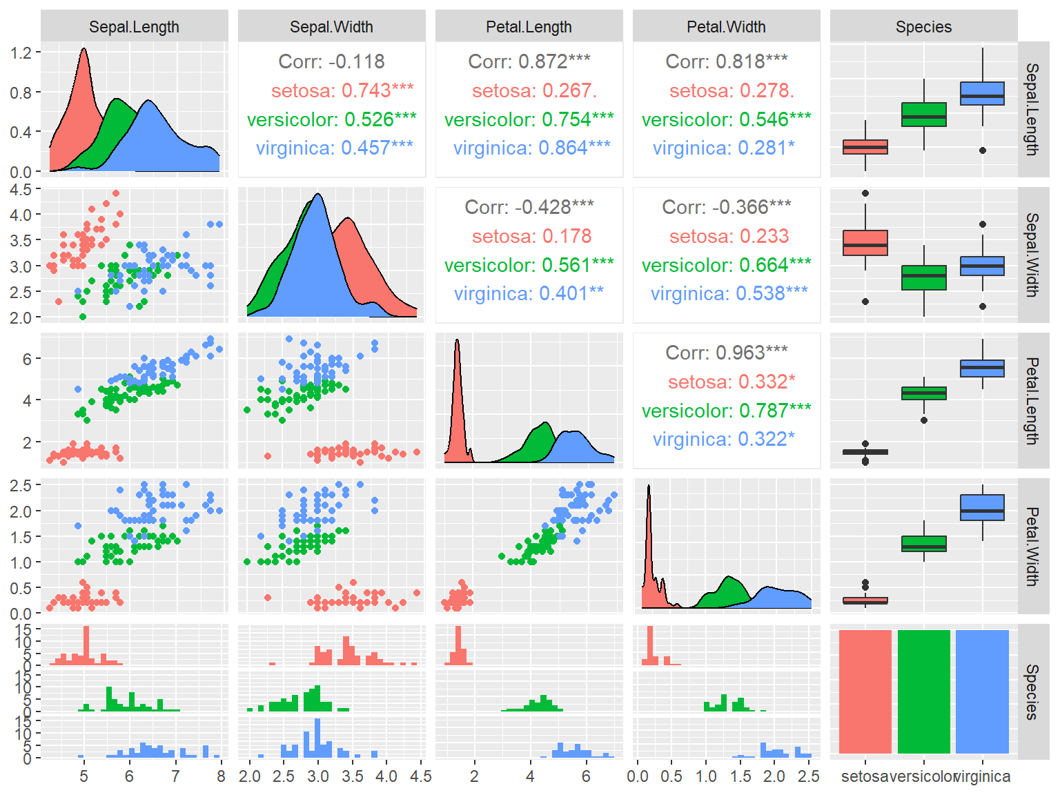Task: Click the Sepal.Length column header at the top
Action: tap(134, 27)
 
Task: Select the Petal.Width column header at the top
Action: tap(726, 27)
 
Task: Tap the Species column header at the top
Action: tap(923, 27)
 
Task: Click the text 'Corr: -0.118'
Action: tap(331, 61)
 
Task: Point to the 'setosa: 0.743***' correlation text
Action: tap(342, 90)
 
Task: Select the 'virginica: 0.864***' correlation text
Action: tap(531, 148)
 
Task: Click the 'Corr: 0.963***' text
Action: tap(726, 353)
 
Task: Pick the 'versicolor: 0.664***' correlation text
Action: tap(726, 265)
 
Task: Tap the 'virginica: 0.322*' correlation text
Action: tap(723, 439)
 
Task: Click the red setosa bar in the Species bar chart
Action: tap(865, 691)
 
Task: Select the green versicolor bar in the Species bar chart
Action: tap(923, 691)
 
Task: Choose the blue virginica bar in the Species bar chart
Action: tap(982, 691)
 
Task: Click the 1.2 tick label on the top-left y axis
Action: tap(21, 53)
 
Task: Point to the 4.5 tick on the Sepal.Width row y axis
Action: tap(21, 189)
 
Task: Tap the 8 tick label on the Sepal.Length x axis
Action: tap(221, 776)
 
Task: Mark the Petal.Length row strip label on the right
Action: tap(1032, 400)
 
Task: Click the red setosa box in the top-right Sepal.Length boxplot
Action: tap(865, 147)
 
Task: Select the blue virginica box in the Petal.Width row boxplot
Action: tap(982, 507)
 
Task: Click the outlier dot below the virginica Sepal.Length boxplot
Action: tap(983, 150)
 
